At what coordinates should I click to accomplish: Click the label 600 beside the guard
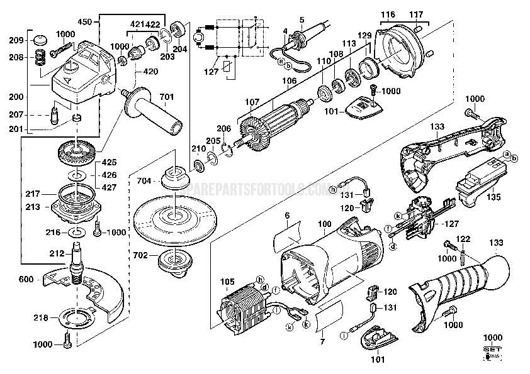[x=26, y=279]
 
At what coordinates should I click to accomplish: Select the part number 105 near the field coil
[x=226, y=281]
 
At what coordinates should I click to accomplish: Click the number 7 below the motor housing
[x=322, y=343]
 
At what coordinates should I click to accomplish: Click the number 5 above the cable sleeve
[x=302, y=19]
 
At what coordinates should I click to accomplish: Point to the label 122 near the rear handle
[x=463, y=239]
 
